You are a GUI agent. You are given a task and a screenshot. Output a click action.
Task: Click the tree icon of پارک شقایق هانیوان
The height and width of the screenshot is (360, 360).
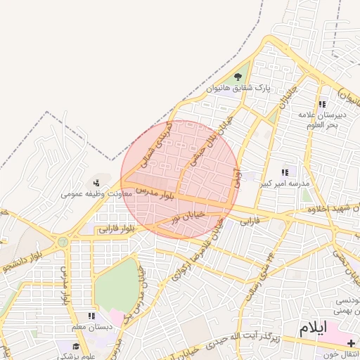[x=238, y=77]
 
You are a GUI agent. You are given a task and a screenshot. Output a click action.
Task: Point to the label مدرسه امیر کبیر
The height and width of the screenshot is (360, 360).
[x=285, y=184]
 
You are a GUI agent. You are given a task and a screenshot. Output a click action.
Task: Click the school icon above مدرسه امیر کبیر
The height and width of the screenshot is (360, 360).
[x=285, y=172]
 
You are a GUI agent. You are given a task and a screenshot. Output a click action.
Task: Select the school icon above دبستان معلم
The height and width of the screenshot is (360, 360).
[x=91, y=317]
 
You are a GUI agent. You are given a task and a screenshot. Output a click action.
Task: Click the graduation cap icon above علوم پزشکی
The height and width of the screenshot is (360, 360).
[x=77, y=346]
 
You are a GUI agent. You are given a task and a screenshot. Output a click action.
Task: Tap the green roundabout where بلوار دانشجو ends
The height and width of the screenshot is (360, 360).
[x=63, y=242]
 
